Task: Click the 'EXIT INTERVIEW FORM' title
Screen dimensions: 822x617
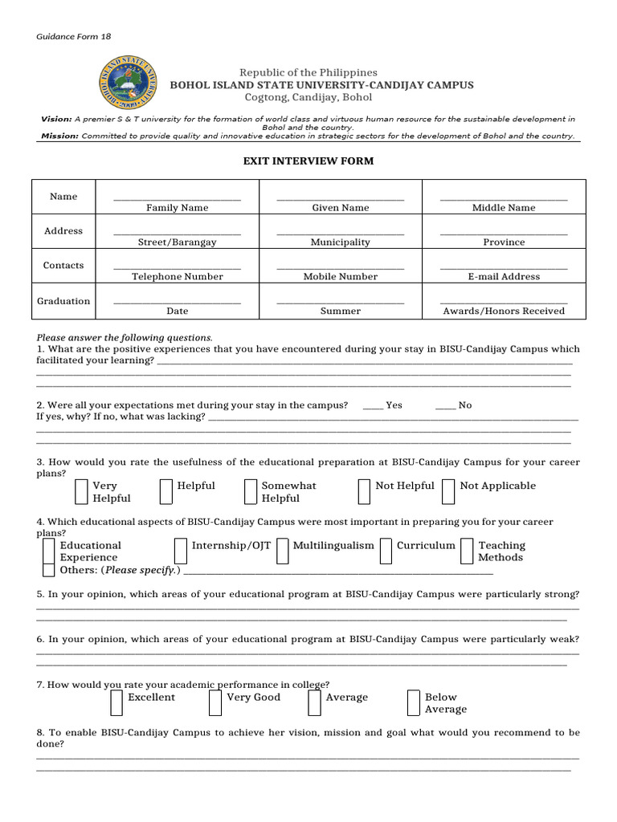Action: coord(308,161)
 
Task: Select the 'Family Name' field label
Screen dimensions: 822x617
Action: coord(177,208)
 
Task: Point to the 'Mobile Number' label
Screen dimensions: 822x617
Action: coord(340,277)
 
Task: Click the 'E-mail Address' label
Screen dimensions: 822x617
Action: coord(504,277)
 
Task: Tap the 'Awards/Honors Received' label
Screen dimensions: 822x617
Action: coord(504,311)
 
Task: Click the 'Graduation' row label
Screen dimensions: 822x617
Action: coord(63,301)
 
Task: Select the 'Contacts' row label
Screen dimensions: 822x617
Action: coord(63,265)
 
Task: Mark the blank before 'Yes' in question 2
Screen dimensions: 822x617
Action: coord(373,406)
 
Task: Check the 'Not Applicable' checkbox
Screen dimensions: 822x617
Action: coord(448,491)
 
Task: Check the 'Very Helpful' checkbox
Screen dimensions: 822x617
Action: coord(82,491)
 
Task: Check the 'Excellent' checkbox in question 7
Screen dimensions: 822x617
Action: coord(117,702)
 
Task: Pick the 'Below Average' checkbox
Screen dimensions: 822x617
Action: coord(414,702)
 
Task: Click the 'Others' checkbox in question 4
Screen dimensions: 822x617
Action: coord(49,570)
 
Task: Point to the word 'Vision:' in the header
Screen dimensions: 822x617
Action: coord(56,119)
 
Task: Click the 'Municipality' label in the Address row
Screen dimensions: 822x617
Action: coord(340,242)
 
